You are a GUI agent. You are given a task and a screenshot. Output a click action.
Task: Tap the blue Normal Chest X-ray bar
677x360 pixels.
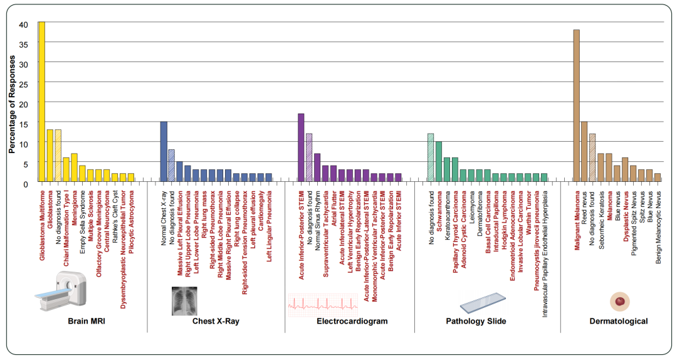[164, 152]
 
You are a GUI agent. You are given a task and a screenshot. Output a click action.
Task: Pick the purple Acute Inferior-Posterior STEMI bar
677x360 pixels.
[301, 148]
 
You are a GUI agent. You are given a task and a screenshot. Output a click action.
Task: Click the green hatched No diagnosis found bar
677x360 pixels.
[431, 158]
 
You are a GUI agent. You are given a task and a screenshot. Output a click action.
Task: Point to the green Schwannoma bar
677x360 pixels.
[439, 162]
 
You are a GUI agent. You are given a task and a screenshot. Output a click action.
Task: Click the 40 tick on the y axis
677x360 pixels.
[24, 24]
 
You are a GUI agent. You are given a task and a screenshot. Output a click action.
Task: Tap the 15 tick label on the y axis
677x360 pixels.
[24, 124]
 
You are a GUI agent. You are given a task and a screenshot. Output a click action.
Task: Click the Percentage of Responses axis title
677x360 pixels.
[11, 103]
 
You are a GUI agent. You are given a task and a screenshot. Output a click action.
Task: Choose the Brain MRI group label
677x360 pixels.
[87, 321]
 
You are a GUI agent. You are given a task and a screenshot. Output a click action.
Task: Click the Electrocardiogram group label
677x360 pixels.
[352, 321]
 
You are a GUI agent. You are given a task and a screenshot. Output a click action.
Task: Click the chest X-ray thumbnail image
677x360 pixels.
[184, 300]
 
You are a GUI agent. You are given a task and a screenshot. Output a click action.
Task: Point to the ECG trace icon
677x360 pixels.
[322, 304]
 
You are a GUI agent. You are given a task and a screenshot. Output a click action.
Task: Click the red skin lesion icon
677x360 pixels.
[619, 302]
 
